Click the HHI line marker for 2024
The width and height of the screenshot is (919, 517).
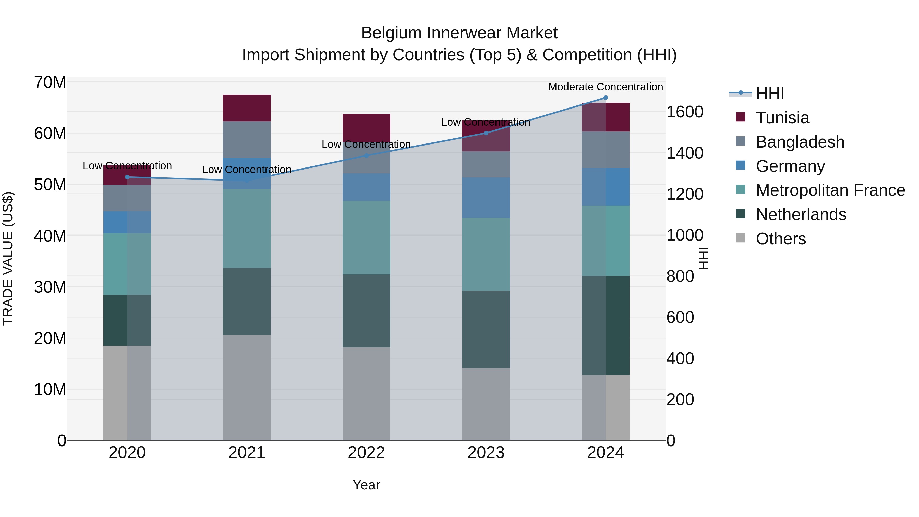606,98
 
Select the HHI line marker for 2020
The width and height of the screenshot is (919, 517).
127,177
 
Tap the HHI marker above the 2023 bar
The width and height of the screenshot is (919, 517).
486,133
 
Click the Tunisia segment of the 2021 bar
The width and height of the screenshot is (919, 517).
247,108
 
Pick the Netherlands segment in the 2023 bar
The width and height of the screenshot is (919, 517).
486,329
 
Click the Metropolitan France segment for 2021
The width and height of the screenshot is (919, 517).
247,228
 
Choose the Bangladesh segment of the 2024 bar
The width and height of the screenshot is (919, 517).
606,150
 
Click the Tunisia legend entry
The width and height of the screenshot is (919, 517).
782,118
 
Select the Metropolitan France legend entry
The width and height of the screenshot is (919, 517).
830,190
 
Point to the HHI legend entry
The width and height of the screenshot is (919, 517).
770,93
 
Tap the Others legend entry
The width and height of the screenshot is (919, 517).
781,239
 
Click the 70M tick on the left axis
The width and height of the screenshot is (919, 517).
50,82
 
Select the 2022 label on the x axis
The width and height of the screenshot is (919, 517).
366,453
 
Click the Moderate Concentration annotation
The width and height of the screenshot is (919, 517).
606,87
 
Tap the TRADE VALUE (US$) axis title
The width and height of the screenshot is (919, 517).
8,258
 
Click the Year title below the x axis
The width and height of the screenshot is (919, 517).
366,485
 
